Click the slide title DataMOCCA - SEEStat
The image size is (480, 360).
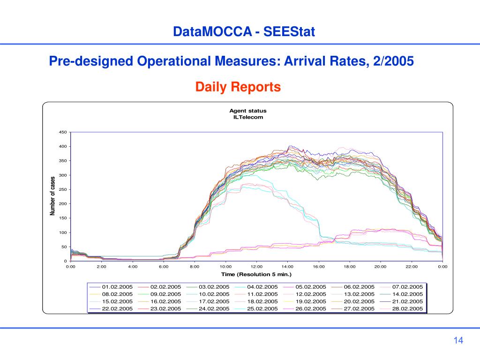pyautogui.click(x=244, y=32)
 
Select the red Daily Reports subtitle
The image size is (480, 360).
pyautogui.click(x=238, y=87)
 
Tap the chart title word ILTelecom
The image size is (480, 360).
pyautogui.click(x=248, y=117)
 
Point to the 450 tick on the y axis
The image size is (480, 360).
pyautogui.click(x=63, y=132)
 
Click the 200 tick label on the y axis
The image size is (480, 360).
pyautogui.click(x=63, y=204)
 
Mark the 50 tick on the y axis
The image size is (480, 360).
pyautogui.click(x=64, y=247)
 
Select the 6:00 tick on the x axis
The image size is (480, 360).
pyautogui.click(x=164, y=267)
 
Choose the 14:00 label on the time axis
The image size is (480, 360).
pyautogui.click(x=287, y=267)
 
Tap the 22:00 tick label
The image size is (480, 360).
pyautogui.click(x=412, y=267)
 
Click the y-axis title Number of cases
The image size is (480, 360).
pyautogui.click(x=53, y=196)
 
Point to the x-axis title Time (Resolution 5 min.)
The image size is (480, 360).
pyautogui.click(x=256, y=274)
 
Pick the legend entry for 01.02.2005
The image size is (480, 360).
pyautogui.click(x=118, y=287)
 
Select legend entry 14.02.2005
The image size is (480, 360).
pyautogui.click(x=408, y=294)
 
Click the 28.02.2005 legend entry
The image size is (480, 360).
pyautogui.click(x=408, y=309)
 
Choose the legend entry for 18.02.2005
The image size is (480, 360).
pyautogui.click(x=262, y=301)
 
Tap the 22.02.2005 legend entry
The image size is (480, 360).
pyautogui.click(x=118, y=309)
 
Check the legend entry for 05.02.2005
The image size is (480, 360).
pyautogui.click(x=311, y=287)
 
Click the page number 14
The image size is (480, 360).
pyautogui.click(x=458, y=341)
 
